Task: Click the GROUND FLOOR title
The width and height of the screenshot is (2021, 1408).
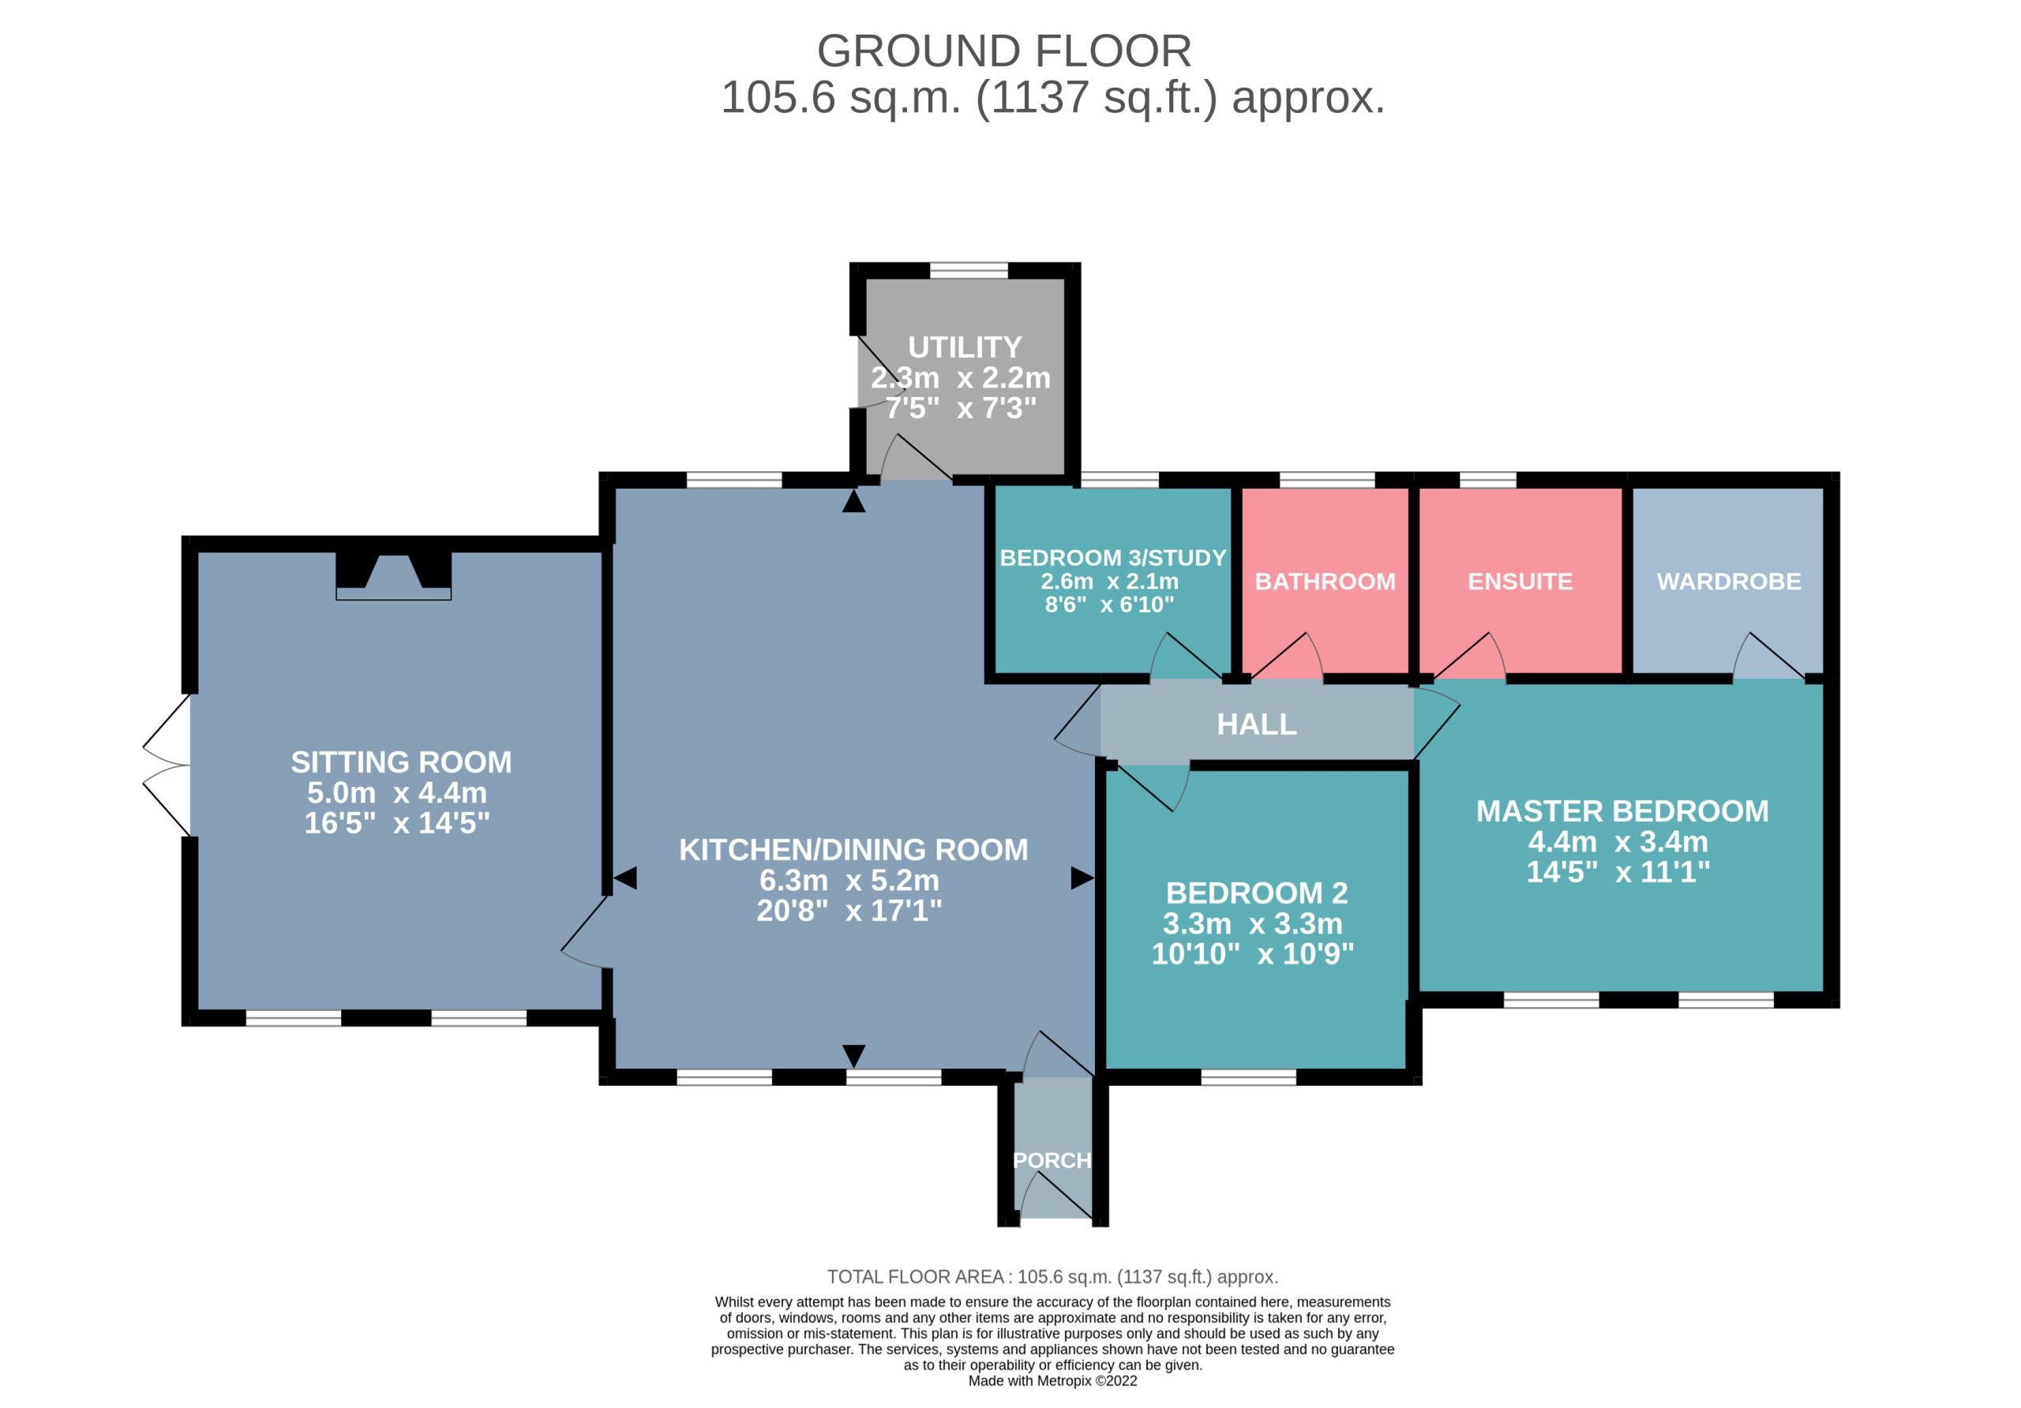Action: pos(1003,51)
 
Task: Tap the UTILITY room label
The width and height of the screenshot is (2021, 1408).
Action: pos(965,346)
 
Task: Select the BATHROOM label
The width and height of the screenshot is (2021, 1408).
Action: pos(1325,582)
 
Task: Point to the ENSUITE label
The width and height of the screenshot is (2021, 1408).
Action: pos(1520,582)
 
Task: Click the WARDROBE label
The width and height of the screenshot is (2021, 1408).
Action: pos(1729,582)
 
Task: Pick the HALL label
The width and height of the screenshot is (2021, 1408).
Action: pos(1256,725)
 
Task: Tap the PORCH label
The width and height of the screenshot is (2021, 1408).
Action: pos(1052,1160)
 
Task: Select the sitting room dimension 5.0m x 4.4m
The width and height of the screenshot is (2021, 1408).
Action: pos(397,793)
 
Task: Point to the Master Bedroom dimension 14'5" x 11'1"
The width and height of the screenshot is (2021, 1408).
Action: pos(1618,872)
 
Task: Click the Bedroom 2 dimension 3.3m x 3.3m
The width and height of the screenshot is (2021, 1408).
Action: pos(1253,924)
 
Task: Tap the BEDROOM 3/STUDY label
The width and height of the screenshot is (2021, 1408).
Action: pos(1112,558)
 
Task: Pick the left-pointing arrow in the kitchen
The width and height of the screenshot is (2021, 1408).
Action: pos(625,878)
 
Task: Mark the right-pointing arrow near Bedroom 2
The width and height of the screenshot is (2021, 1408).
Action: pos(1082,878)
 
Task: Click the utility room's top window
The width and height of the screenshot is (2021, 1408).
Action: pos(969,270)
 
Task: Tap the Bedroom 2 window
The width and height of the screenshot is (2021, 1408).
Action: pos(1249,1077)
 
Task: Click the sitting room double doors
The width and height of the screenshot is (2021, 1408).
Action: pos(167,765)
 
